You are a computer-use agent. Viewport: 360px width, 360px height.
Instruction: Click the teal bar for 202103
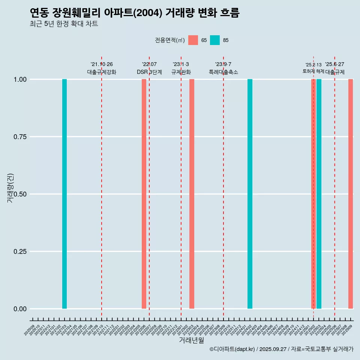pos(64,194)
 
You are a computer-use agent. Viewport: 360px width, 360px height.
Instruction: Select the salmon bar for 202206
pos(144,194)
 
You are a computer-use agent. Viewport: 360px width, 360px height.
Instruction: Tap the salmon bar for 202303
pos(192,194)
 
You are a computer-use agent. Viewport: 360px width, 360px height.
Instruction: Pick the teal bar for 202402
pos(250,194)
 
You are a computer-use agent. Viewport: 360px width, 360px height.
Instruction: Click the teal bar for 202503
pos(319,194)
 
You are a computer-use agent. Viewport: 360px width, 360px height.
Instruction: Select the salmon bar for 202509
pos(351,194)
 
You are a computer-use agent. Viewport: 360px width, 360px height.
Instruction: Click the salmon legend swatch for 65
pos(193,40)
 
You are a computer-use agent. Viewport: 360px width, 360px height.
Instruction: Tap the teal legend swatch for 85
pos(215,40)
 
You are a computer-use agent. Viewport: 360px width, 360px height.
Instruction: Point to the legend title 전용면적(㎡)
pos(170,40)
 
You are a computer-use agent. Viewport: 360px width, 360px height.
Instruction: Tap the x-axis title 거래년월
pos(191,340)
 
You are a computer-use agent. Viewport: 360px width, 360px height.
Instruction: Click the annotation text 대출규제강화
pos(102,72)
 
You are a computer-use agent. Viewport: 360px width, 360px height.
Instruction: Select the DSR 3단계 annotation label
pos(149,72)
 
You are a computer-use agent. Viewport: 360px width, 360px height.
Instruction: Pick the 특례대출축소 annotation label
pos(223,72)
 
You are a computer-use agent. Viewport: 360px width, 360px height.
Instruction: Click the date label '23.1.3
pos(181,64)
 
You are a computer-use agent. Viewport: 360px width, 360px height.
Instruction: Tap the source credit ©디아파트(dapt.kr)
pos(232,349)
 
